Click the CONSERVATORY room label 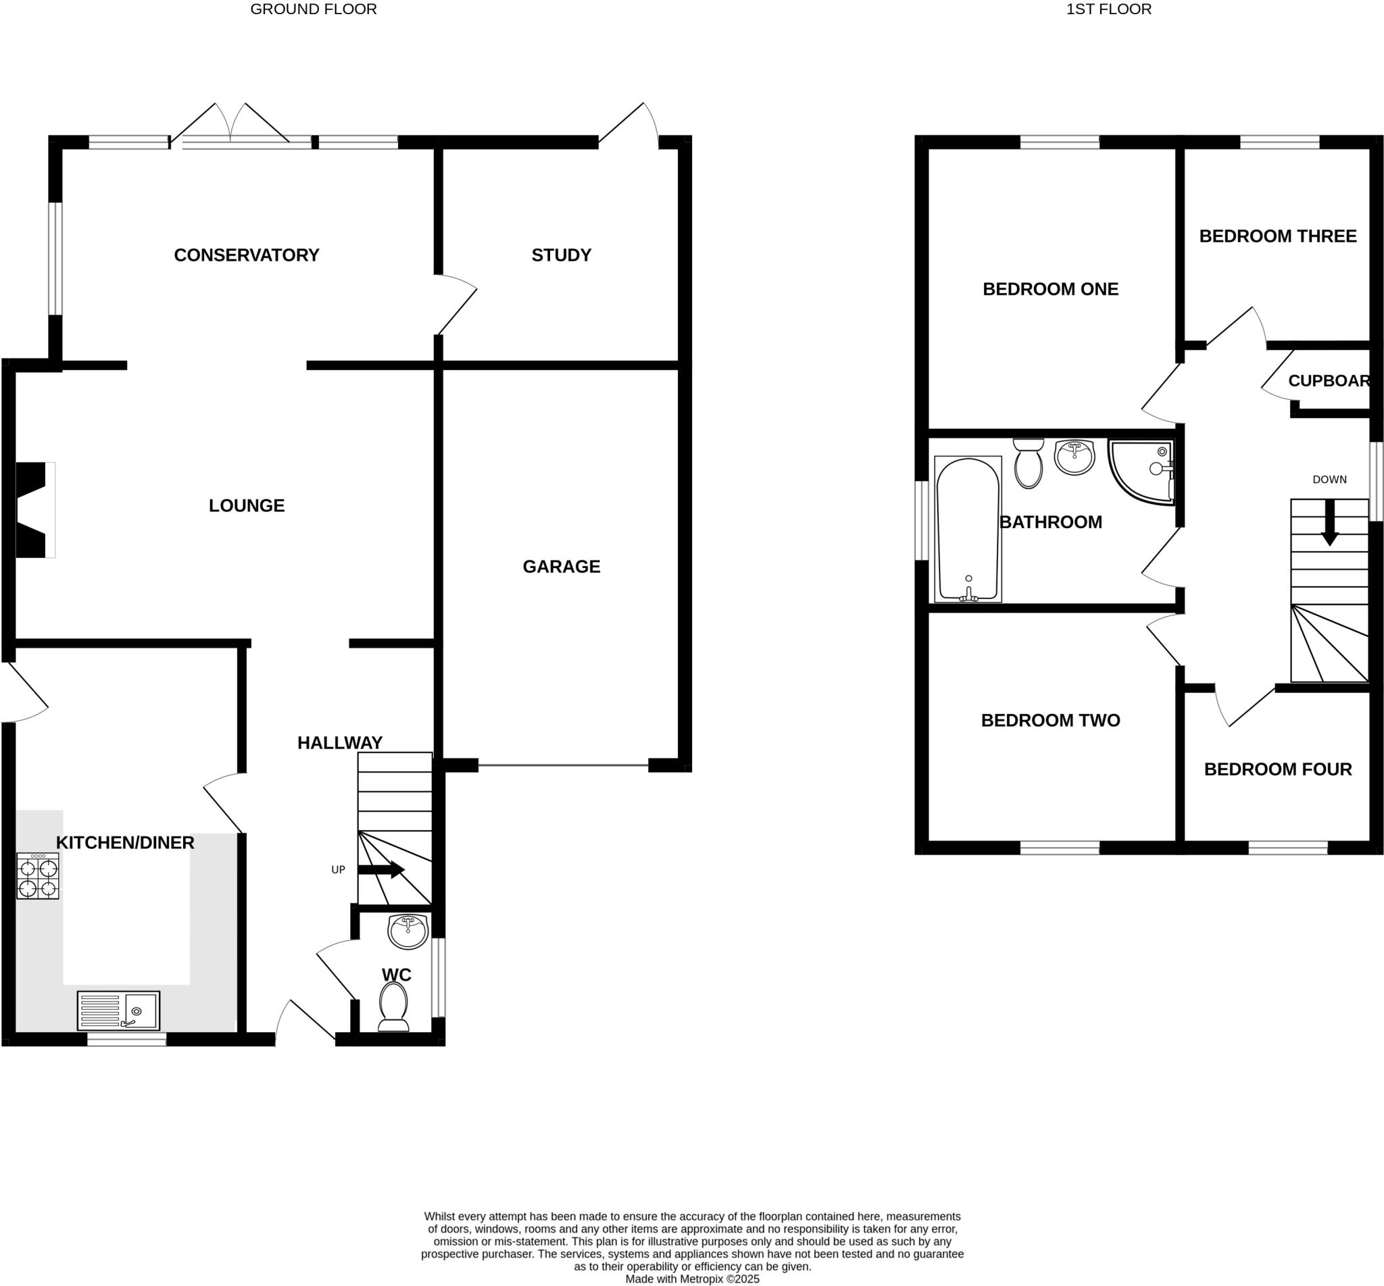pos(247,255)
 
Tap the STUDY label pos(561,255)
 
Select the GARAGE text pos(561,567)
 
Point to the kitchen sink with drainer pos(118,1010)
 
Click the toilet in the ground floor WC pos(394,1006)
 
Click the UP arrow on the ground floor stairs pos(381,869)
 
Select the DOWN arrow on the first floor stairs pos(1330,523)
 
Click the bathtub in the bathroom pos(968,530)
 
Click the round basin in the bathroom pos(1075,457)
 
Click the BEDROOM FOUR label pos(1277,769)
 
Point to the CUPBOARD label pos(1329,381)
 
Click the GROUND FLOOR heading pos(314,9)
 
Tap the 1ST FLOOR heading pos(1108,9)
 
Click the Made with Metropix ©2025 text pos(692,1279)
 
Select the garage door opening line pos(562,765)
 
